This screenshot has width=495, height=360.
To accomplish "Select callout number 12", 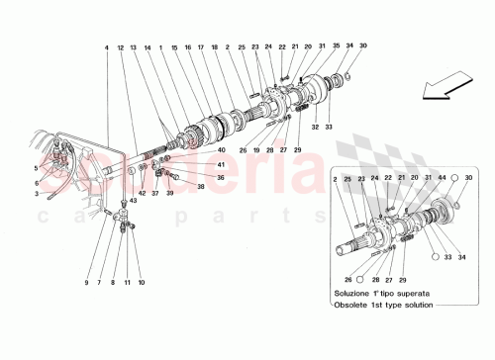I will [x=120, y=47].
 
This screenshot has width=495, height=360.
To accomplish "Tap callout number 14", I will [x=147, y=47].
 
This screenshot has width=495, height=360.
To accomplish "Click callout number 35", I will [x=336, y=46].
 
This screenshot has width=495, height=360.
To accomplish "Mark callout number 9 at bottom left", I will [x=86, y=283].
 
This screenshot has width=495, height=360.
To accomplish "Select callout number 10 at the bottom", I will [x=142, y=283].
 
